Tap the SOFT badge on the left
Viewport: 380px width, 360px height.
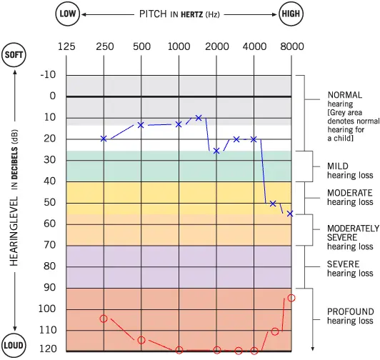coord(14,56)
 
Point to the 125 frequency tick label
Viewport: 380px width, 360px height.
coord(66,46)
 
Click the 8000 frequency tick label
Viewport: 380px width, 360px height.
coord(291,46)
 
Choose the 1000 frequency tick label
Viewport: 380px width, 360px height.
coord(179,46)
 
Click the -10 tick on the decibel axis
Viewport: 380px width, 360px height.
coord(48,75)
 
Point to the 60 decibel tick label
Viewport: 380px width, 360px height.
coord(49,224)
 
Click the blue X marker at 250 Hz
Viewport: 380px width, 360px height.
coord(104,139)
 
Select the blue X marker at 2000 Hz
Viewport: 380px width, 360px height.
coord(216,151)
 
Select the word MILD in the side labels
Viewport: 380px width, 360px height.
coord(338,166)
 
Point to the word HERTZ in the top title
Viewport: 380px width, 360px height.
coord(181,15)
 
